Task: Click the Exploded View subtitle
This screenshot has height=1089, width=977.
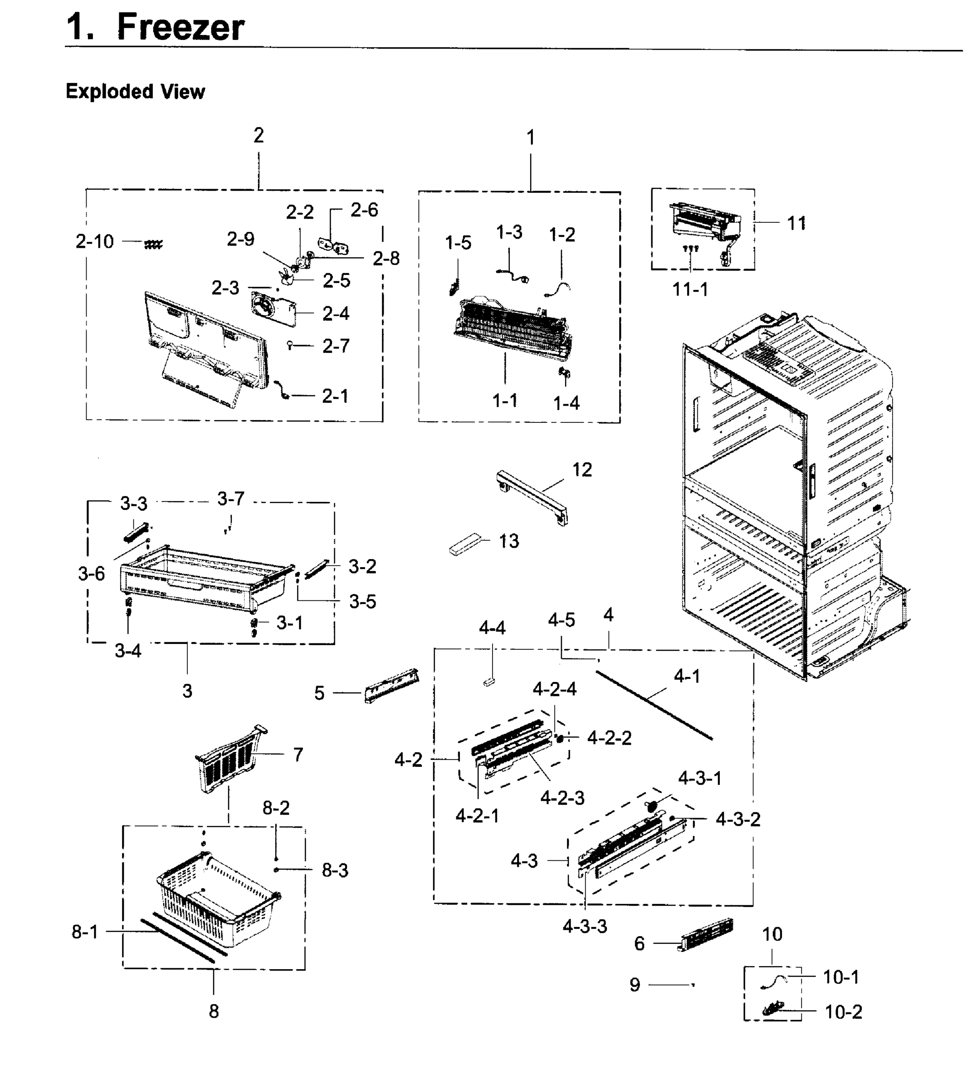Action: [x=135, y=92]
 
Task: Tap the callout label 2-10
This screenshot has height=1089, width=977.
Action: [x=94, y=242]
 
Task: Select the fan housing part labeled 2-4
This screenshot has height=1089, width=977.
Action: [x=273, y=308]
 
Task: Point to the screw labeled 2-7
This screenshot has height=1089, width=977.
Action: [x=290, y=345]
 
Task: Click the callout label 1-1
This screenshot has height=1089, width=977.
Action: [x=505, y=400]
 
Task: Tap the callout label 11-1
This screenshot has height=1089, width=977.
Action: [x=690, y=289]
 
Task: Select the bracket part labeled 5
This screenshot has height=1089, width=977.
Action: [x=391, y=685]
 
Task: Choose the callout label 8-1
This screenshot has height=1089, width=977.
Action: [x=85, y=932]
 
